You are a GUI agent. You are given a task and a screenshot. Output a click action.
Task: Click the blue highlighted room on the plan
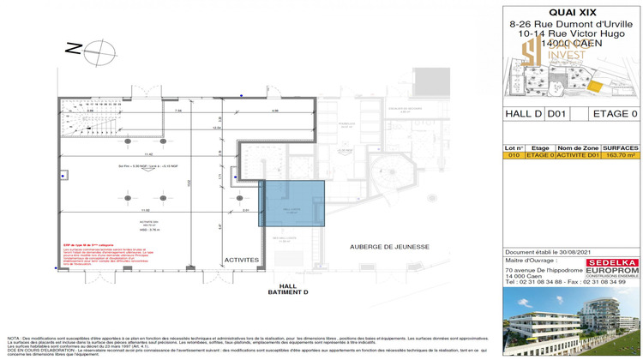click(x=292, y=203)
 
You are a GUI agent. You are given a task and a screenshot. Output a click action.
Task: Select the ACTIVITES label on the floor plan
click(x=242, y=259)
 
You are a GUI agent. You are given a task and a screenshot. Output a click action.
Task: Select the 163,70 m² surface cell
click(x=621, y=156)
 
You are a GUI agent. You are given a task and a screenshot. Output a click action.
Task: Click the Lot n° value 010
click(x=514, y=156)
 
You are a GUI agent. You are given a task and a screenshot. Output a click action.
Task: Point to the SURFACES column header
click(x=621, y=148)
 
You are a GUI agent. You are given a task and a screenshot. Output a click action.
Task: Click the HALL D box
click(x=523, y=113)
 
